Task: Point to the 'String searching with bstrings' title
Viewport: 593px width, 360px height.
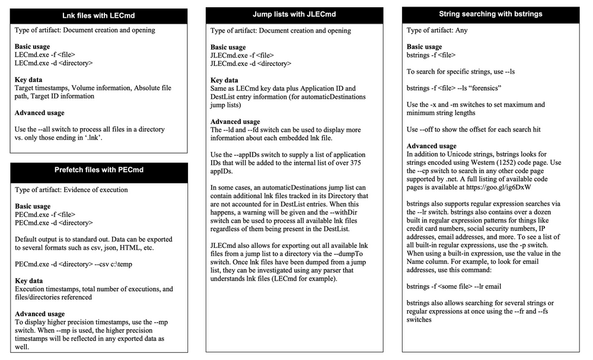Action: coord(490,14)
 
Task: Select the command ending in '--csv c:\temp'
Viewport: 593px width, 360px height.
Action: coord(65,264)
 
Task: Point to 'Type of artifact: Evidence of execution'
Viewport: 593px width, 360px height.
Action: coord(71,190)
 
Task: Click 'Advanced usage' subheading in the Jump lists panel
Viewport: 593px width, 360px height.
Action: coord(235,122)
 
